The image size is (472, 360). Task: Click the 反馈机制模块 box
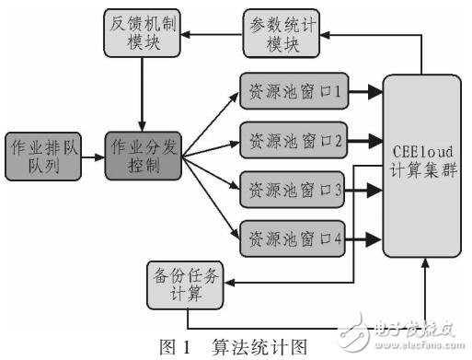[141, 34]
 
